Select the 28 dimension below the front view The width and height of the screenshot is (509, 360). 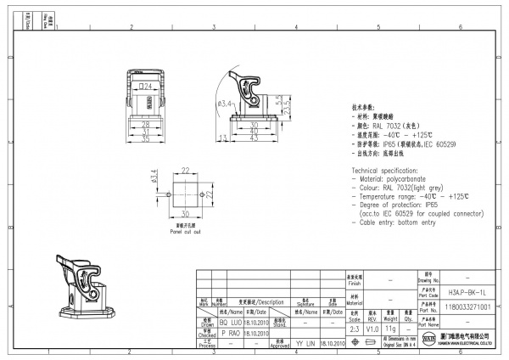click(146, 124)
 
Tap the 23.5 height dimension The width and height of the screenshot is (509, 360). click(287, 109)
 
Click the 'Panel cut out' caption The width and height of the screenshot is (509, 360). click(185, 231)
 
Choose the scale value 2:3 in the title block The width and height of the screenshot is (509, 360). click(355, 328)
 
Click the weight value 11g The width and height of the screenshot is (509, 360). click(390, 328)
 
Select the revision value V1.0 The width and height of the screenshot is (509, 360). click(372, 328)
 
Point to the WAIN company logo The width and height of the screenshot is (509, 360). click(426, 341)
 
